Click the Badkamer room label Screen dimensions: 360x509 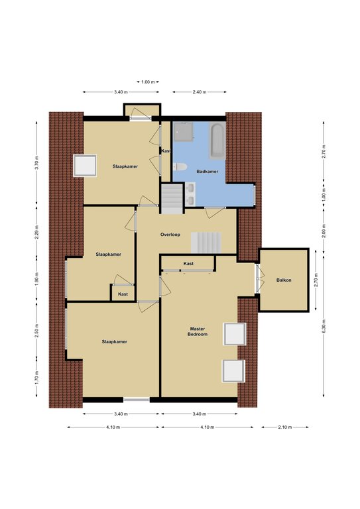click(x=207, y=172)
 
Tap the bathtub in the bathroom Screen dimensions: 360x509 click(x=217, y=141)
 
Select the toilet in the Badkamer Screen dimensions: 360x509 click(x=180, y=167)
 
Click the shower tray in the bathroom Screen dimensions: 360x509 click(x=184, y=132)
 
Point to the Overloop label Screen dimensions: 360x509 click(x=170, y=235)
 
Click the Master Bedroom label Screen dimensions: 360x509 click(x=198, y=331)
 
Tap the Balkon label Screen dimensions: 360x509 click(x=284, y=280)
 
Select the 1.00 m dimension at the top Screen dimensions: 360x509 click(x=148, y=82)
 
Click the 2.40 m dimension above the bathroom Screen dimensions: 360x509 click(x=200, y=92)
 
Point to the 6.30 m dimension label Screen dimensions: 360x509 click(x=324, y=326)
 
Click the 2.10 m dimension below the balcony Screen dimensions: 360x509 click(x=285, y=427)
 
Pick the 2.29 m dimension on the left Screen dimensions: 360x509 click(x=36, y=232)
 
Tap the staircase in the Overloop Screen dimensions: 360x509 click(x=206, y=243)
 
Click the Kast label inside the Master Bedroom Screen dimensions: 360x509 click(x=188, y=264)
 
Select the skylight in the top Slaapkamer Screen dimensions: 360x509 click(x=85, y=166)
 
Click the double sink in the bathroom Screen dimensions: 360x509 click(x=190, y=194)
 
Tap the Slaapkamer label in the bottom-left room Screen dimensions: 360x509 click(x=114, y=342)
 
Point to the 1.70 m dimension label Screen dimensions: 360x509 click(x=36, y=378)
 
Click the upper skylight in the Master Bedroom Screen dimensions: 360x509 click(x=235, y=334)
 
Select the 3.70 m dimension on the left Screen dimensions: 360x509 click(x=36, y=163)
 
